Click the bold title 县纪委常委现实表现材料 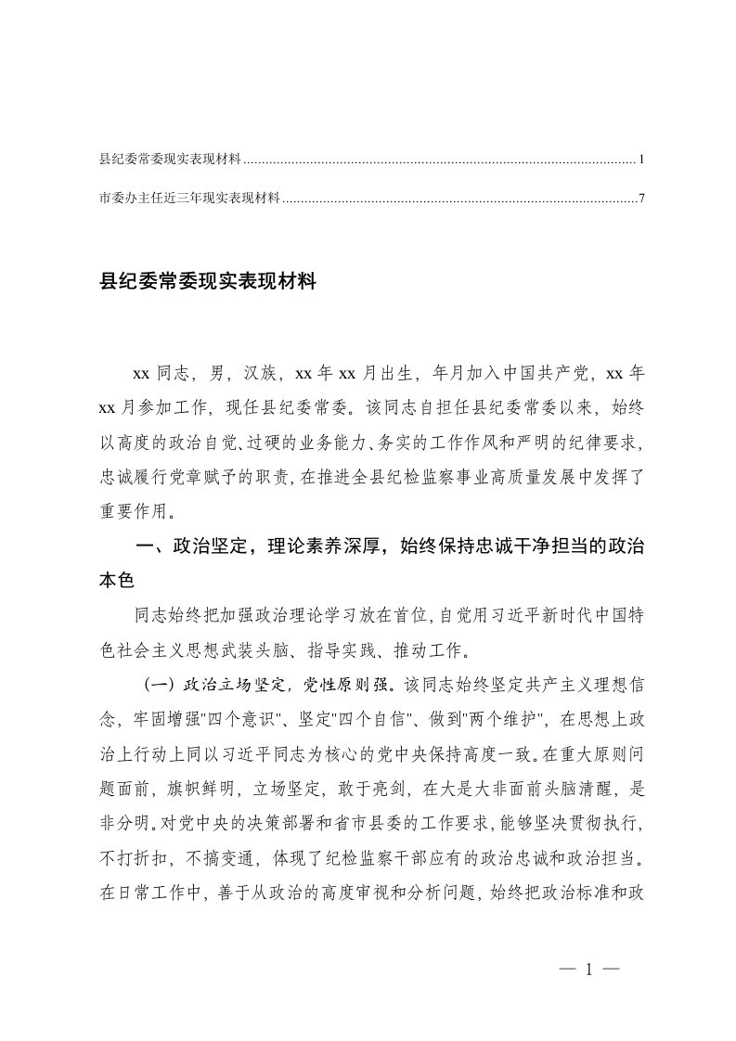point(208,282)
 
